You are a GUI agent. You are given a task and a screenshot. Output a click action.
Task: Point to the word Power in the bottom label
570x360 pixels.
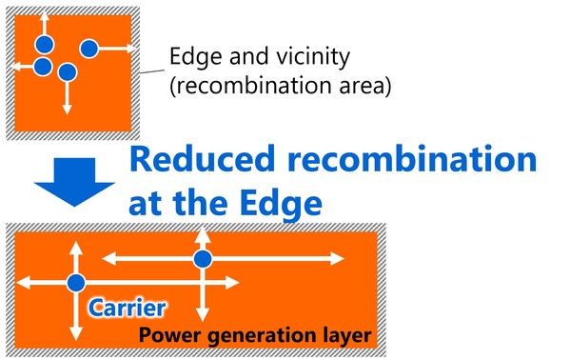[x=170, y=334]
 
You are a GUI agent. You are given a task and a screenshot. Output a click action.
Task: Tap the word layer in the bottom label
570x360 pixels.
[x=338, y=335]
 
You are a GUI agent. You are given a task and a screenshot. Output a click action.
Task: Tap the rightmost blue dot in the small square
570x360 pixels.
[x=89, y=48]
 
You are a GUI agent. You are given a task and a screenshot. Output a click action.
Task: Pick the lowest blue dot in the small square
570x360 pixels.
[x=67, y=72]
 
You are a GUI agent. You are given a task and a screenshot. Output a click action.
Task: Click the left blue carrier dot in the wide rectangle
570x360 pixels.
[x=75, y=282]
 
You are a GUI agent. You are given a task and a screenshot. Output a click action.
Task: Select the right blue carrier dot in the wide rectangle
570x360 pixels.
[x=202, y=258]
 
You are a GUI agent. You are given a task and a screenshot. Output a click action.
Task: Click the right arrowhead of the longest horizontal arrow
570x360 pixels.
[x=338, y=258]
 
